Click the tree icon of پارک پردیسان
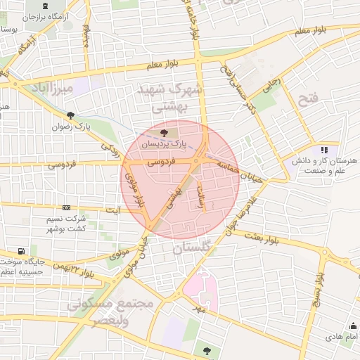pyautogui.click(x=164, y=132)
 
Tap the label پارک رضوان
pyautogui.click(x=72, y=128)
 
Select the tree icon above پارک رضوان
pyautogui.click(x=70, y=115)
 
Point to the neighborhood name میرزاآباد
pyautogui.click(x=52, y=88)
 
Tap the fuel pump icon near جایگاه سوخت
pyautogui.click(x=23, y=250)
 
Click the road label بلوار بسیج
pyautogui.click(x=321, y=288)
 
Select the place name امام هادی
pyautogui.click(x=342, y=338)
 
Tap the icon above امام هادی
pyautogui.click(x=352, y=326)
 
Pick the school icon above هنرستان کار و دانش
pyautogui.click(x=324, y=149)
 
